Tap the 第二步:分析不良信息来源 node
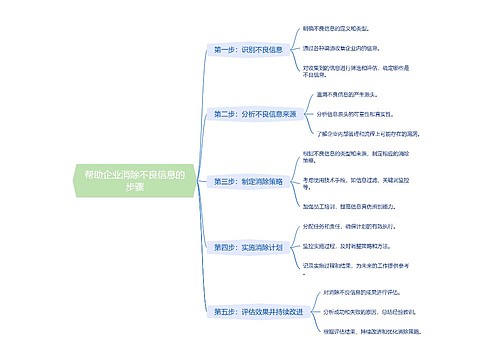tap(255, 115)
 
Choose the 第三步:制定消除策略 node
tap(248, 181)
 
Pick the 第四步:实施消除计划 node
tap(248, 246)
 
